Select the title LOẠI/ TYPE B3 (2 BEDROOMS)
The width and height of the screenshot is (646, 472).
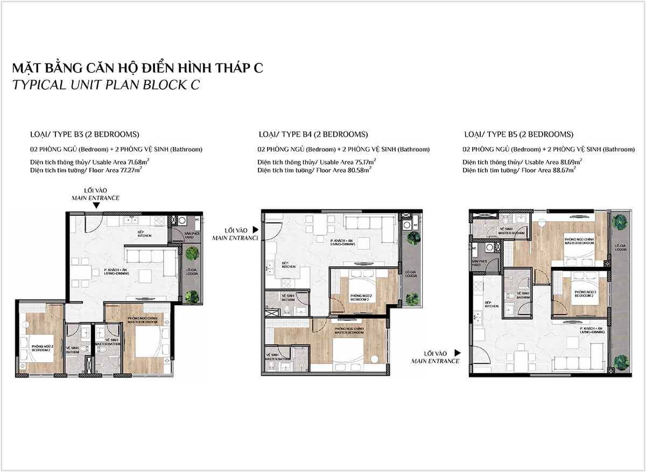[x=85, y=135]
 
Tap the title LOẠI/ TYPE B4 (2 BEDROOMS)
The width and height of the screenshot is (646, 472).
[x=313, y=135]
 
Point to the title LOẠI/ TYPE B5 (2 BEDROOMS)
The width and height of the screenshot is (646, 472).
[x=518, y=135]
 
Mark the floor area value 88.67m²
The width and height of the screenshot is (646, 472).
[x=566, y=170]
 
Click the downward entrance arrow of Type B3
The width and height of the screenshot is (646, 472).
[x=96, y=205]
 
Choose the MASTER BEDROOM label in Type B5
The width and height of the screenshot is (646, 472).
[x=579, y=241]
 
